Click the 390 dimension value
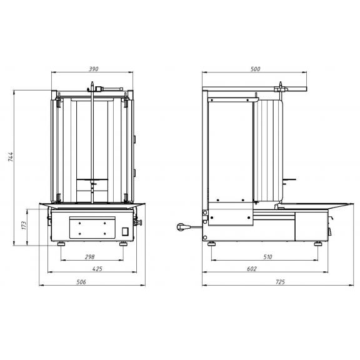click(94, 69)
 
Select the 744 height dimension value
click(11, 157)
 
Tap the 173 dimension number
click(24, 226)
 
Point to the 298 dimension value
click(90, 257)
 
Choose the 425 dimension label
click(97, 269)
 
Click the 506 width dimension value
click(81, 282)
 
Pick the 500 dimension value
click(255, 69)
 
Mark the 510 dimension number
click(267, 257)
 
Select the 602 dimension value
click(252, 269)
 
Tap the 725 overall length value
click(280, 282)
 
